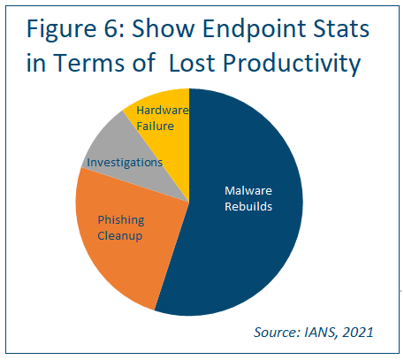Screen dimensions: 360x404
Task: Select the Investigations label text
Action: (124, 163)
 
